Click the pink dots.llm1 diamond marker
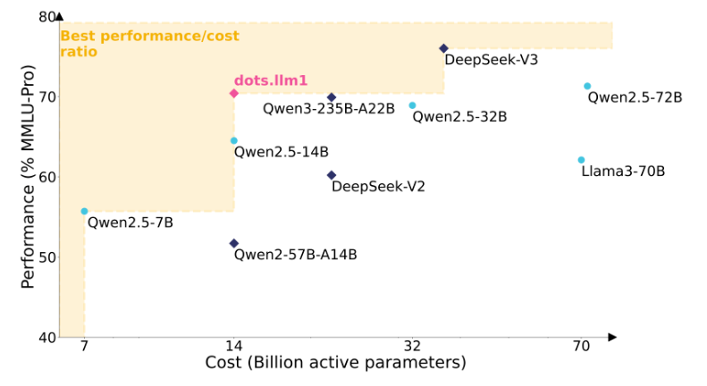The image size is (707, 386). point(234,94)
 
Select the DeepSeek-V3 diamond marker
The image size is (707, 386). point(443,48)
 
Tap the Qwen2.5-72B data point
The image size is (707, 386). point(587,87)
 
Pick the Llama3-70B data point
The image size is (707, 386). point(581,160)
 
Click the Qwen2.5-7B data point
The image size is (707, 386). point(85,212)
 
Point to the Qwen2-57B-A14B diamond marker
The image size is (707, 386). point(234,243)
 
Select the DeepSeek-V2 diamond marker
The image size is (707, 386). point(332,175)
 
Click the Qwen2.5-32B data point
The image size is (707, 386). point(412,105)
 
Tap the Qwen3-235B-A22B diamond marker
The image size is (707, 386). point(332,97)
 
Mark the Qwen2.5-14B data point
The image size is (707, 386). point(234,140)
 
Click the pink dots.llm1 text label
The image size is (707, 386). point(271,80)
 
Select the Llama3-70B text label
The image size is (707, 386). point(623,171)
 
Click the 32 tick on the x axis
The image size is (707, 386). point(412,346)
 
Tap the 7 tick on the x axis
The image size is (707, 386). point(85,346)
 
